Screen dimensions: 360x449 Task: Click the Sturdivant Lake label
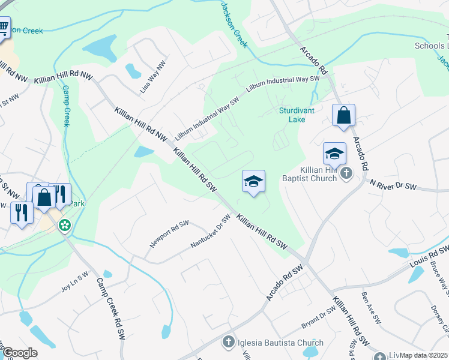pos(292,115)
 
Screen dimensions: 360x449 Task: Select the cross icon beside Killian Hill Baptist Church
pos(346,173)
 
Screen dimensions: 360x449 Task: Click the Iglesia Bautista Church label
pos(280,343)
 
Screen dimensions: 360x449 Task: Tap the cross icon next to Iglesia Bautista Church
pos(228,343)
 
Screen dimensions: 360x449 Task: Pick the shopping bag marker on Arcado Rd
pos(343,115)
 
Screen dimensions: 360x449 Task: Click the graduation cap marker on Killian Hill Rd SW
pos(253,181)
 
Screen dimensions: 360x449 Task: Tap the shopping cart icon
pos(4,26)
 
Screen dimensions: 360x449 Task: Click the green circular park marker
pos(64,226)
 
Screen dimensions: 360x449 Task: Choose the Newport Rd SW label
pos(169,233)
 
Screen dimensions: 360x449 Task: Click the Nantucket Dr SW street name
pos(210,232)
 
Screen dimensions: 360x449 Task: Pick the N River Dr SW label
pos(394,186)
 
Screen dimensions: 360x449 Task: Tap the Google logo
pos(20,353)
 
